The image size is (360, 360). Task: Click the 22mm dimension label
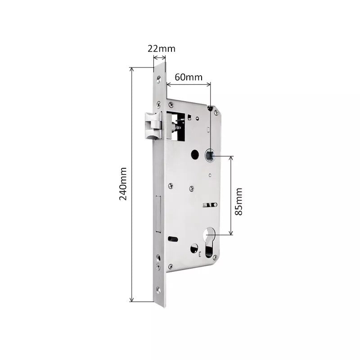pos(162,49)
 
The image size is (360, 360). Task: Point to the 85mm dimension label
pos(238,201)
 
